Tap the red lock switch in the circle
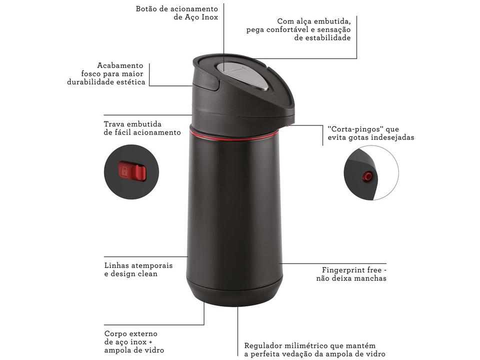pos(132,171)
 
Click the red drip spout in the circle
pos(368,175)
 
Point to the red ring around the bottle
pos(235,134)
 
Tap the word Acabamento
pos(120,65)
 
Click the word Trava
pos(114,123)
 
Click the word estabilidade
pos(322,38)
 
